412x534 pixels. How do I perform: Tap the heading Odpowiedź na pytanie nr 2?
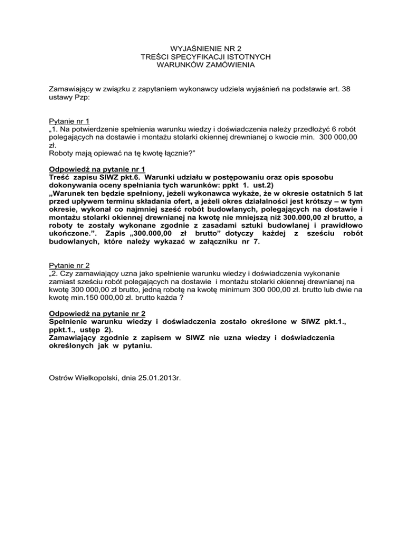tap(97, 313)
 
